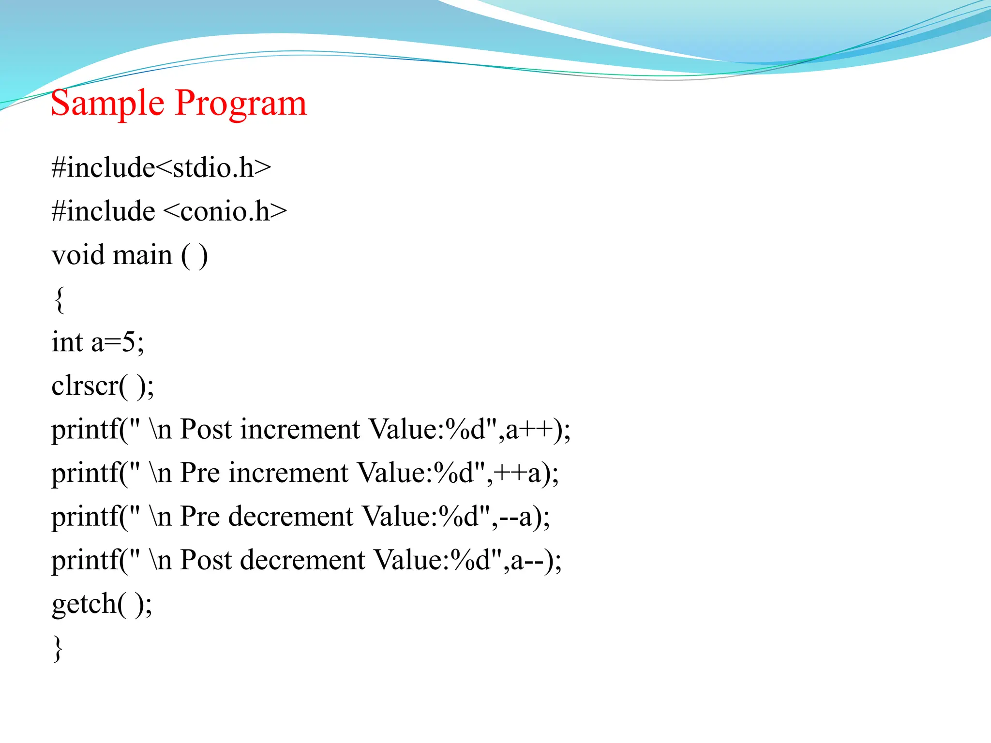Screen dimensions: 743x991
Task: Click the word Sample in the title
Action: [x=107, y=103]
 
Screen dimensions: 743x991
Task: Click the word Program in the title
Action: [x=241, y=103]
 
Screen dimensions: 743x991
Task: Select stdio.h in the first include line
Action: [x=213, y=168]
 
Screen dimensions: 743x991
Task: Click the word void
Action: [x=78, y=255]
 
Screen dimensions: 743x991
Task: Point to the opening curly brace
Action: [x=59, y=300]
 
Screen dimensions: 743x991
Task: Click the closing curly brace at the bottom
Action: [x=58, y=648]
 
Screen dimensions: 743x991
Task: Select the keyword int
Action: [x=67, y=342]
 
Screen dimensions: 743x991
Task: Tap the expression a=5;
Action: [x=118, y=342]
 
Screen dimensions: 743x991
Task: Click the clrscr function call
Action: [x=102, y=386]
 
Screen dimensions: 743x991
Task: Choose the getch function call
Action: [x=102, y=604]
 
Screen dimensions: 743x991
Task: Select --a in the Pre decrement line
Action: [x=515, y=517]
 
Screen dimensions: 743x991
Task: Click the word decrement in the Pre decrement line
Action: [x=291, y=517]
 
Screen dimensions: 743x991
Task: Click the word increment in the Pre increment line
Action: [x=288, y=473]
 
